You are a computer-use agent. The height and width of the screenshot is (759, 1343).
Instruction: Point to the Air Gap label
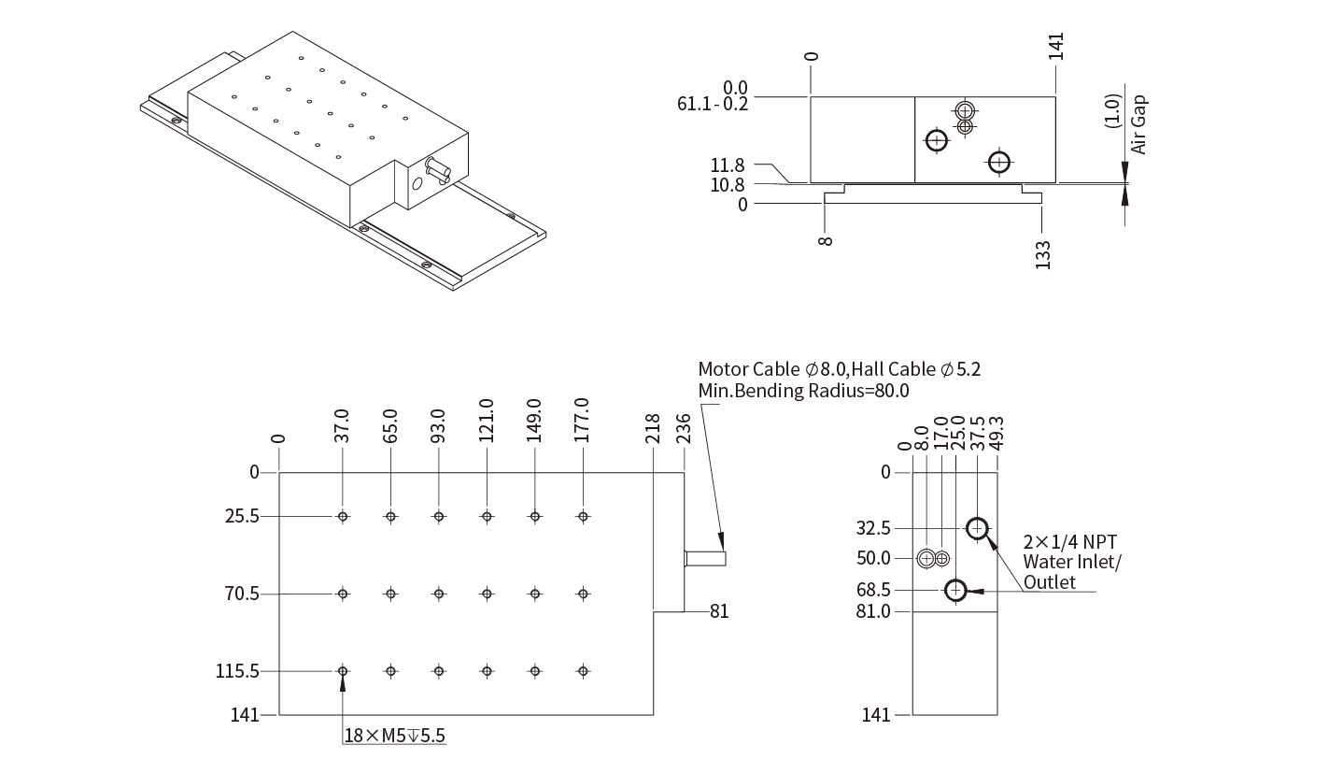1138,124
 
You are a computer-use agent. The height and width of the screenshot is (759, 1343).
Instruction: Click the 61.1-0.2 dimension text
713,104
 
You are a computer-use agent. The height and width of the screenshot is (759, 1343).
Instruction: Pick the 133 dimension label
1042,255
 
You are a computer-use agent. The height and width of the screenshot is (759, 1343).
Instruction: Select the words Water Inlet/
1072,562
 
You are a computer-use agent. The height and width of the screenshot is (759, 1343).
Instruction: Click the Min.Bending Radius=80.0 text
803,391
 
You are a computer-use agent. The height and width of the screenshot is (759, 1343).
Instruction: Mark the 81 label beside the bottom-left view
719,611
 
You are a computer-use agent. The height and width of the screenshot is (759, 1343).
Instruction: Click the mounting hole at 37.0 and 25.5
344,516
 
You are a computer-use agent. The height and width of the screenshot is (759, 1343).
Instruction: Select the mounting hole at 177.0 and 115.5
583,671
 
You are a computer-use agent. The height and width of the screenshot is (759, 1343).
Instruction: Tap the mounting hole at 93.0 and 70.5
439,594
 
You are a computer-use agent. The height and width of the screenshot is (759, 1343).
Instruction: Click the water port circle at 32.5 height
977,528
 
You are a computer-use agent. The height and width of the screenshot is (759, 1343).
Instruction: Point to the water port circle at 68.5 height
954,590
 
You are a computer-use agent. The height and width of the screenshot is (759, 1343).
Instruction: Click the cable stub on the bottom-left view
705,558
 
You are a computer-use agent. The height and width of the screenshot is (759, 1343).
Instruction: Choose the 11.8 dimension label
728,165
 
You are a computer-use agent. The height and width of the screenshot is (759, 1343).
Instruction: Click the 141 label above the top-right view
1056,46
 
